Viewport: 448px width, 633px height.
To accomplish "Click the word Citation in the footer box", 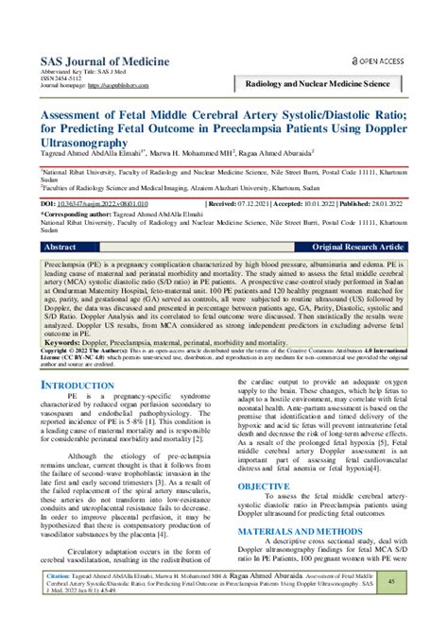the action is tap(60, 573).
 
